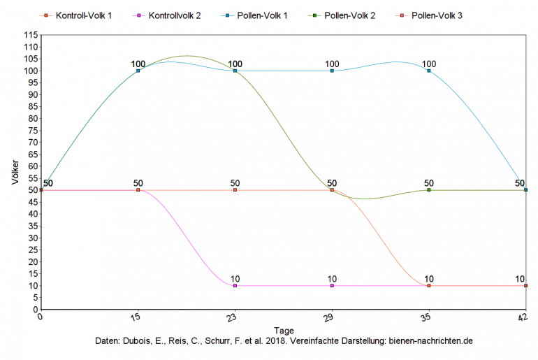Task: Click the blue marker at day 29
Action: (x=332, y=71)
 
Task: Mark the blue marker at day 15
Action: (x=138, y=71)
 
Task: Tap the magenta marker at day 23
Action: (x=235, y=286)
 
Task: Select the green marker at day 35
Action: (x=429, y=190)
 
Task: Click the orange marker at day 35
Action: (x=429, y=286)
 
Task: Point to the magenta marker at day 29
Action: (x=332, y=286)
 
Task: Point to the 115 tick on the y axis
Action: (x=30, y=35)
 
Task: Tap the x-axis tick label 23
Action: (x=234, y=317)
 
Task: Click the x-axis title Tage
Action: (x=284, y=329)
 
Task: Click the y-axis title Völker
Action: (x=15, y=172)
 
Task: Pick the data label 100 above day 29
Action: (x=332, y=64)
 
